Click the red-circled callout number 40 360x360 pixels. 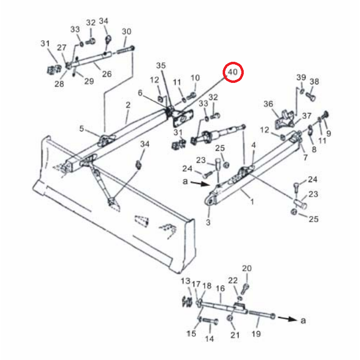click(x=233, y=72)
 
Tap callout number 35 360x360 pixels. click(x=161, y=65)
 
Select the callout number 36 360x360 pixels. click(x=268, y=104)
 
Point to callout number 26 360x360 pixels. click(x=107, y=74)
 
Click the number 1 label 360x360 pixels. click(x=252, y=202)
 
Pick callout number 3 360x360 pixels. click(x=208, y=222)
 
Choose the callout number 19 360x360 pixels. click(x=256, y=334)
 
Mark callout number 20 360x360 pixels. click(x=247, y=268)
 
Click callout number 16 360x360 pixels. click(x=220, y=288)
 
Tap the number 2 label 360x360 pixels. click(x=128, y=105)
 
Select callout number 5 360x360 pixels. click(x=81, y=129)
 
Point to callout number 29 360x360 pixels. click(x=89, y=81)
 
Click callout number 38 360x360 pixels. click(x=314, y=81)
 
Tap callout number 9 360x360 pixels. click(x=329, y=133)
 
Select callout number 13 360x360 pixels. click(x=185, y=281)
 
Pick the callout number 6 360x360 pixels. click(x=140, y=93)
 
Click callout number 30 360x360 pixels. click(x=127, y=31)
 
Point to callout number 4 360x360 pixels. click(x=254, y=145)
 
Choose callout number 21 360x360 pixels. click(x=235, y=335)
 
